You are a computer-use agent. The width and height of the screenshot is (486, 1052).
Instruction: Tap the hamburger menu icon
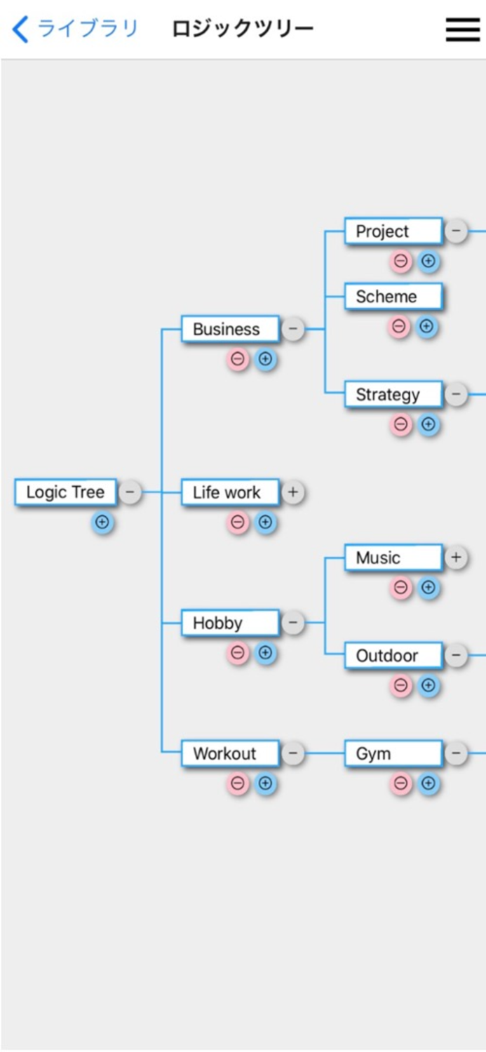(463, 29)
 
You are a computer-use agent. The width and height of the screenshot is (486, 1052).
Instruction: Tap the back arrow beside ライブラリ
(21, 29)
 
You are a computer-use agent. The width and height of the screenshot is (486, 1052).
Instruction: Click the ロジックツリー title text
(243, 29)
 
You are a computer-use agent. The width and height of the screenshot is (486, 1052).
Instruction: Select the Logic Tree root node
(65, 492)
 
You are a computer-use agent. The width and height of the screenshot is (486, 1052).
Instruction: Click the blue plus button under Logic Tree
(102, 522)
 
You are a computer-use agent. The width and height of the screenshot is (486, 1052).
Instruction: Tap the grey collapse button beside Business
(293, 329)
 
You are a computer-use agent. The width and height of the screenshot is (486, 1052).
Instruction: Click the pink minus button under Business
(238, 360)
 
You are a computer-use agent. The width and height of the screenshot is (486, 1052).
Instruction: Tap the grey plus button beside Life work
(293, 492)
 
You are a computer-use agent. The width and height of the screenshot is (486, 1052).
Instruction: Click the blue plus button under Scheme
(428, 327)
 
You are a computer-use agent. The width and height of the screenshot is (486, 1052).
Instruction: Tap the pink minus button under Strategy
(401, 424)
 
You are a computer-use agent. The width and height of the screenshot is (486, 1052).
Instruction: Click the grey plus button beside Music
(456, 558)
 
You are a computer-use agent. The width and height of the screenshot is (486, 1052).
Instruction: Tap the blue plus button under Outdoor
(428, 685)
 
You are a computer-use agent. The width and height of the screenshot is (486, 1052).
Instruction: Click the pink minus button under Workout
(238, 783)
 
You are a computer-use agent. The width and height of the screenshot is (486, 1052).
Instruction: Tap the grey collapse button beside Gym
(456, 754)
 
